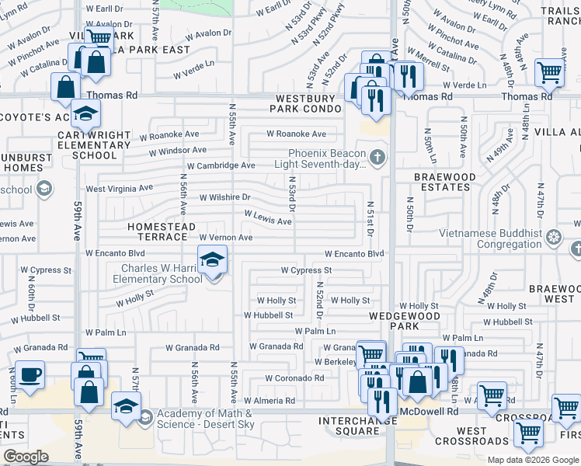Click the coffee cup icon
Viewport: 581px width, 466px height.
[30, 375]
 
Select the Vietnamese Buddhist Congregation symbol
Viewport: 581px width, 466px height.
[554, 236]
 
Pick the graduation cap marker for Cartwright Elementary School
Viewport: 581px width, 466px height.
[85, 115]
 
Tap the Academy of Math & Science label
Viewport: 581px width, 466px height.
[205, 417]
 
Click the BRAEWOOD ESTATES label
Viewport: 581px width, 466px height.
[444, 182]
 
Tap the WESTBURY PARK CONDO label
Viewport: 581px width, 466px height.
[307, 103]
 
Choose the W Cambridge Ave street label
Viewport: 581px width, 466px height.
[221, 166]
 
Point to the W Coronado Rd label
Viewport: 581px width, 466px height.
[294, 378]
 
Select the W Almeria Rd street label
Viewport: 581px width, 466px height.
[270, 401]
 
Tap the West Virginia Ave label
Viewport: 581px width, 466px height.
[119, 189]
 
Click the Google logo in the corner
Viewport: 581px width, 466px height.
[26, 457]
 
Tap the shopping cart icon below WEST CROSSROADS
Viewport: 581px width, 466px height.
[529, 433]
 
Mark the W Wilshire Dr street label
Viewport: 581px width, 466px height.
[225, 198]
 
